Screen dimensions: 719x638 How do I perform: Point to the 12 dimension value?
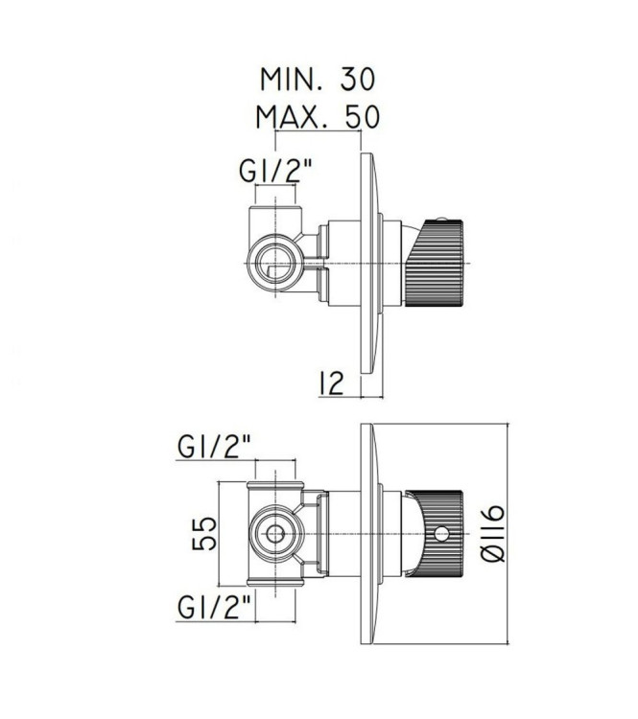(x=330, y=383)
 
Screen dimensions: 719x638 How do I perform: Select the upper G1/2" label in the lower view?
(x=216, y=448)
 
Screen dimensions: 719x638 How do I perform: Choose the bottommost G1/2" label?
(x=216, y=606)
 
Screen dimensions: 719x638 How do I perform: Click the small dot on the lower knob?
(x=442, y=533)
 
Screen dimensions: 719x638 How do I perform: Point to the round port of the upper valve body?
(x=275, y=259)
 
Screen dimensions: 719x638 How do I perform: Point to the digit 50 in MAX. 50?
(x=360, y=117)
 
